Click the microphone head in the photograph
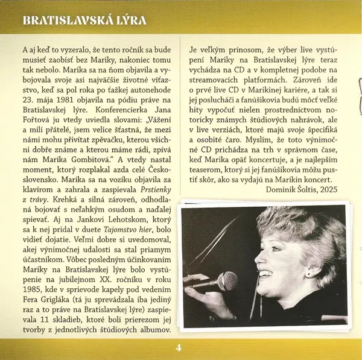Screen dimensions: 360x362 (x=226, y=280)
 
